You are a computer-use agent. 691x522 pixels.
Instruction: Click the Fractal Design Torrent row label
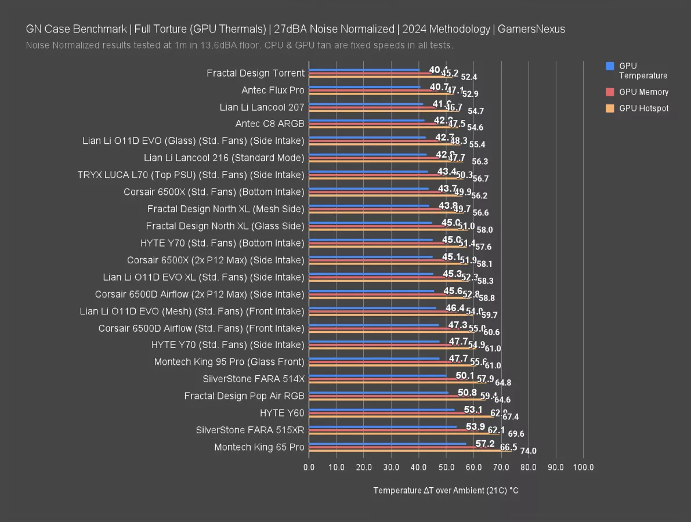(255, 73)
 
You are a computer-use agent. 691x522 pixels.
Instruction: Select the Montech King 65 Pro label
(259, 447)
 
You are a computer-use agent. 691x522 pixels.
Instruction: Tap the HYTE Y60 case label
(282, 413)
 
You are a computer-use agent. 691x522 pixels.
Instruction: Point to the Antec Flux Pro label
(273, 90)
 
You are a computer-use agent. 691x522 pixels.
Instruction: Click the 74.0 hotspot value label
(528, 451)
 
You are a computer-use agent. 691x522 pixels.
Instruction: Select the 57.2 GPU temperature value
(485, 444)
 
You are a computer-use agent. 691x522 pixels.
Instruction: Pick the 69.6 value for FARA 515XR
(516, 434)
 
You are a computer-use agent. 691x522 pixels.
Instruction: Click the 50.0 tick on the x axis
(446, 467)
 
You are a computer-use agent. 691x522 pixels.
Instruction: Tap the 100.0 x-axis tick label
(583, 467)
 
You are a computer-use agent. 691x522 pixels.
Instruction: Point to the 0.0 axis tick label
(309, 467)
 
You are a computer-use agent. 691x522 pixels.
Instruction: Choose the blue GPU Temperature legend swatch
(610, 66)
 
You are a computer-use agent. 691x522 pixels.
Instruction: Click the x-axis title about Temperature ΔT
(446, 491)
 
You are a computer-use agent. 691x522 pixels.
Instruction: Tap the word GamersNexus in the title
(534, 29)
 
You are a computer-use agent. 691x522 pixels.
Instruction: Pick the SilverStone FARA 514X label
(254, 379)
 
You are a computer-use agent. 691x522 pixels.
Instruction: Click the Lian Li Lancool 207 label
(262, 107)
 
